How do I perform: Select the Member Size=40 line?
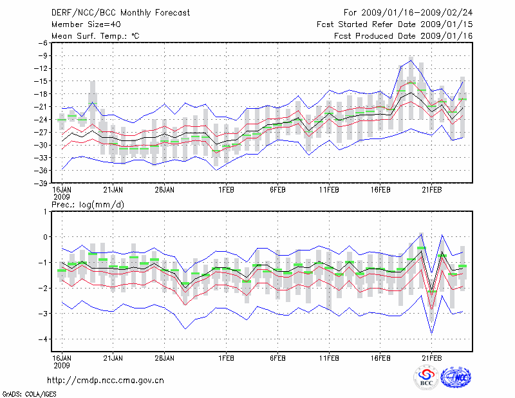[84, 24]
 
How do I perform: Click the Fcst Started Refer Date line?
[395, 24]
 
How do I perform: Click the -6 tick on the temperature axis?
[42, 43]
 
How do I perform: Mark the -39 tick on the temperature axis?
[41, 183]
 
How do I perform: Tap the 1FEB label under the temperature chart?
[225, 190]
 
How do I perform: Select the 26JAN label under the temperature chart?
[165, 190]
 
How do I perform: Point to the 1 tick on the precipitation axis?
[46, 211]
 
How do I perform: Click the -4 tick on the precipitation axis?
[44, 339]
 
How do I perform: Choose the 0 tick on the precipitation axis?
[46, 237]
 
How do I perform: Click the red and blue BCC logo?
[426, 378]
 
